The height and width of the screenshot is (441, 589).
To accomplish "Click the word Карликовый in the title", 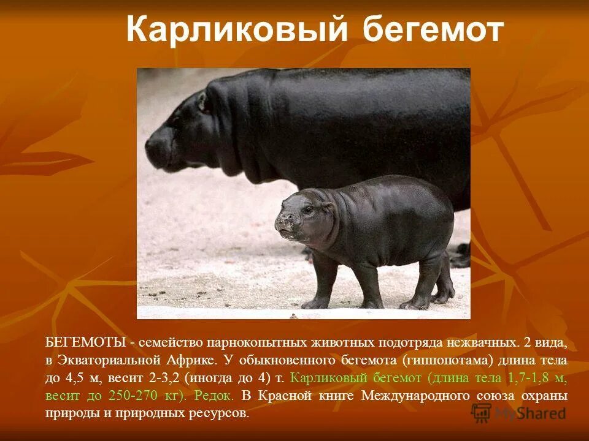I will pos(237,29).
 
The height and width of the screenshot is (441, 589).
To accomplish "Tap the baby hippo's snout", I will pos(283,225).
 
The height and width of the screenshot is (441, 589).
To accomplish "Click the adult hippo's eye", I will pos(201,104).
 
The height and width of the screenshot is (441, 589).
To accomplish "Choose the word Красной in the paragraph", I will pos(292,395).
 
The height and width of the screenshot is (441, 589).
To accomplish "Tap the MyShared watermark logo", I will pos(518,413).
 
